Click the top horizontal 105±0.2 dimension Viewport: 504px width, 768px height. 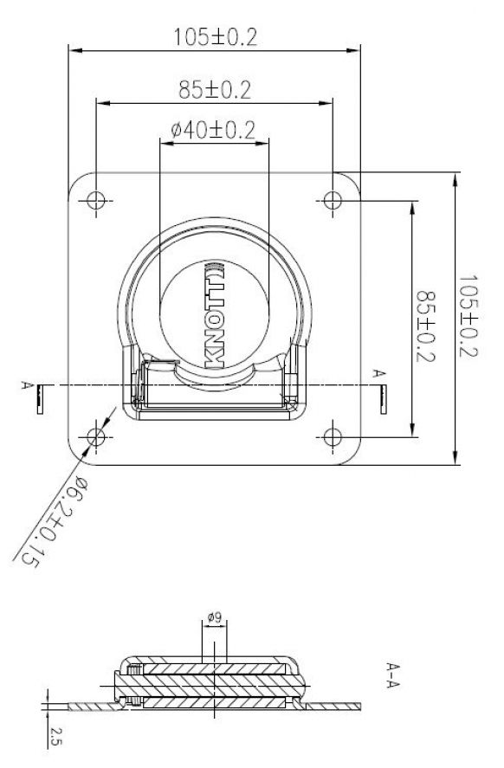tap(215, 37)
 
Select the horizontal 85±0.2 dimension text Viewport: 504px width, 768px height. tap(215, 88)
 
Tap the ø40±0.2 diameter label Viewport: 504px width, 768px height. tap(213, 130)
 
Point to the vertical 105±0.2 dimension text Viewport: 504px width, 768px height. tap(468, 317)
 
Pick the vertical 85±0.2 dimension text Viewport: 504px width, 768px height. tap(424, 317)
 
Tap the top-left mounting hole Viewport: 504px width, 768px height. tap(95, 201)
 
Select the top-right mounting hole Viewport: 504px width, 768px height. tap(333, 201)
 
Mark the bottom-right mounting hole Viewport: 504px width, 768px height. tap(333, 435)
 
